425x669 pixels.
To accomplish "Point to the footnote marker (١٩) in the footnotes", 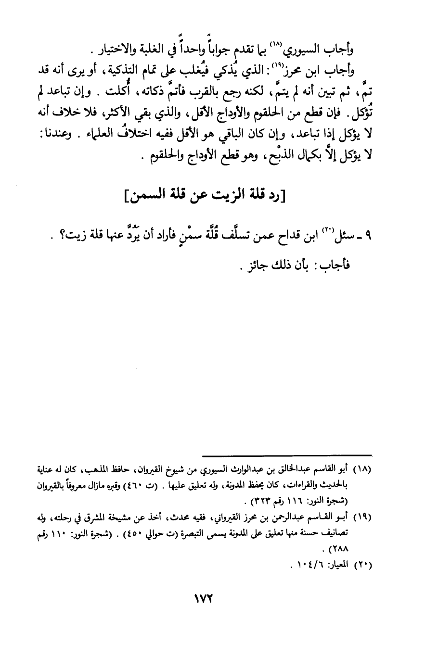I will (x=362, y=518).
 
